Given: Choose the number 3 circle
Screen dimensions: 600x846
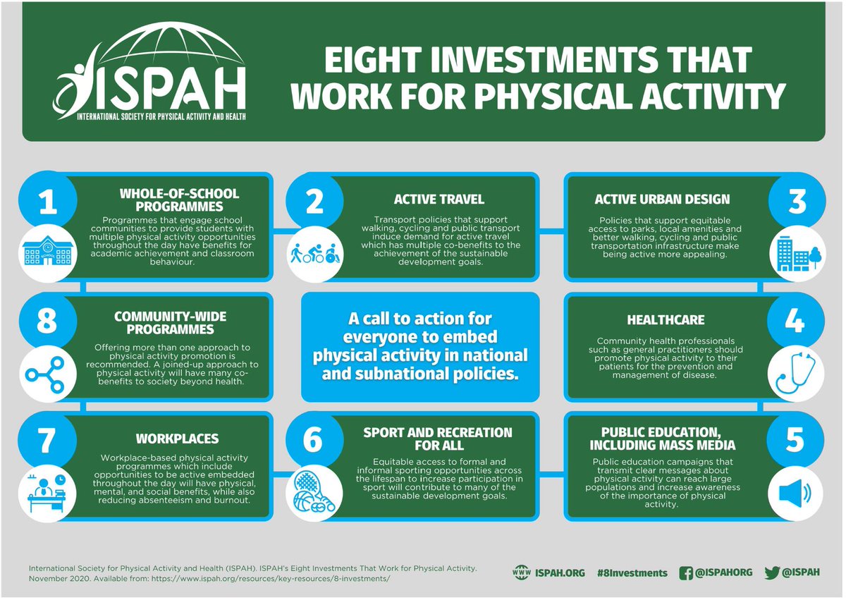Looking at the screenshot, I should click(797, 202).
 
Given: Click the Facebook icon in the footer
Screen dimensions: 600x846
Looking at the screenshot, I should click(685, 573).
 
